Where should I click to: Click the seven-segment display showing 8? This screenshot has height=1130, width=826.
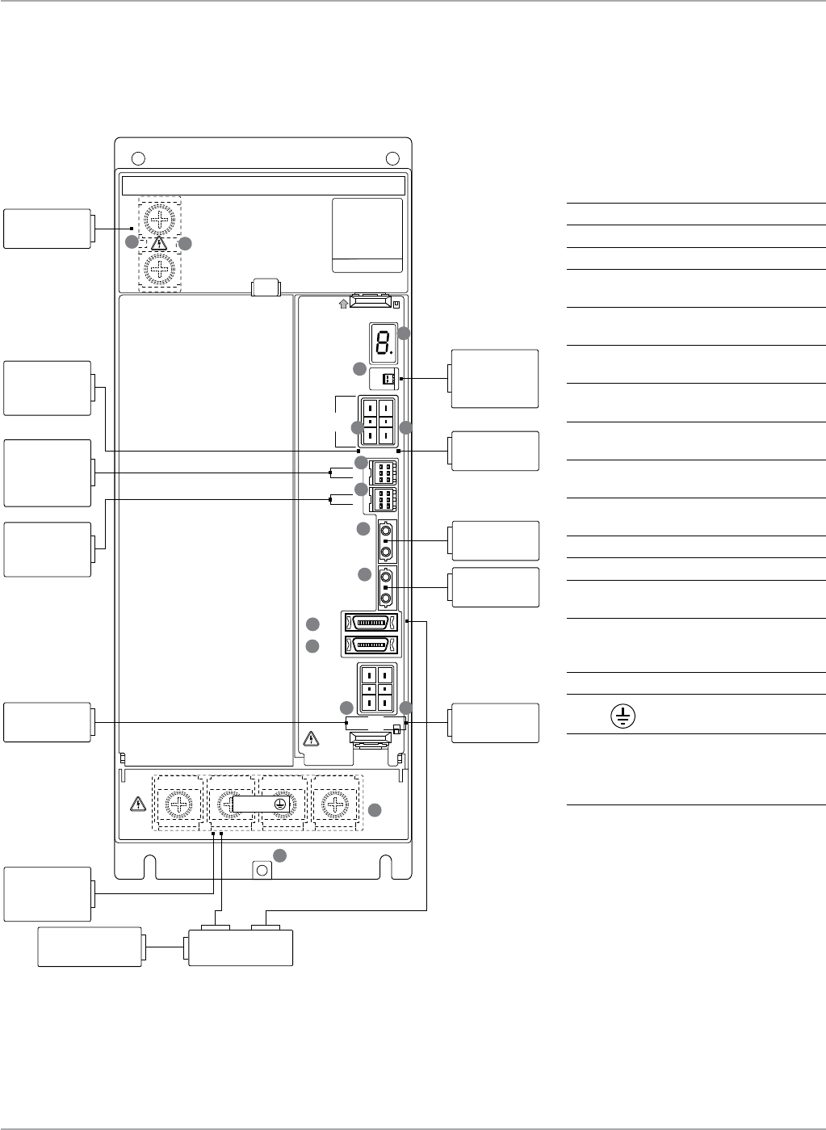383,342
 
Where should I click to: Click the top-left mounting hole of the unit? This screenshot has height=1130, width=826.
137,158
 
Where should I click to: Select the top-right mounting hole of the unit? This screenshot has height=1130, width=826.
392,158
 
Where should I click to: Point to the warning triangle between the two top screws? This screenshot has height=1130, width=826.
160,243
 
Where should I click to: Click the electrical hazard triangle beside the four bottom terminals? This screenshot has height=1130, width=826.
137,804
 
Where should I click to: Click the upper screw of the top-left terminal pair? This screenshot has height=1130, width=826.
161,220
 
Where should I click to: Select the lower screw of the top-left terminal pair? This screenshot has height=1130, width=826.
161,269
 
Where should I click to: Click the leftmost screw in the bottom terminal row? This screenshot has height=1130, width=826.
178,804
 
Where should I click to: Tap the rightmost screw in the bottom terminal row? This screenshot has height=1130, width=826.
335,804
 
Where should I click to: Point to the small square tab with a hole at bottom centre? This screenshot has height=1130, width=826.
262,869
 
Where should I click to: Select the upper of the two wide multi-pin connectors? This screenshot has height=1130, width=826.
371,623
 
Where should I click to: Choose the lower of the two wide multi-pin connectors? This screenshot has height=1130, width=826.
371,645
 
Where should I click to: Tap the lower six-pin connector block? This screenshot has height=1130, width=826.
384,501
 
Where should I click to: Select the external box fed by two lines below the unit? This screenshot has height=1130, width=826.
240,947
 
